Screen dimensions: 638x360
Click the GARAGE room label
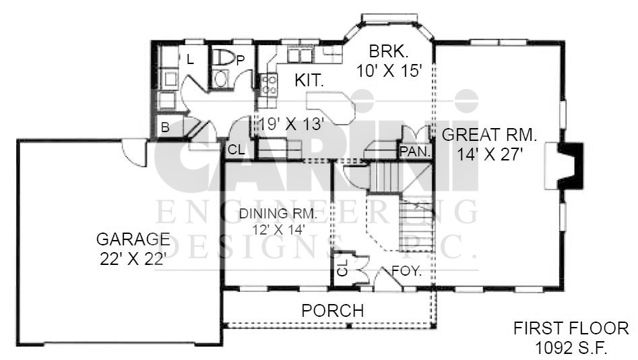click(133, 239)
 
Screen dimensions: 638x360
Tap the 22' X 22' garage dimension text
click(132, 259)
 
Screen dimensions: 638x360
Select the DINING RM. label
click(278, 214)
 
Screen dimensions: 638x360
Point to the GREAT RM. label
click(490, 134)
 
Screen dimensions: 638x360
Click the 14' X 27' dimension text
click(490, 154)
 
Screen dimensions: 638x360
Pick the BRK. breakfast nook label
click(389, 51)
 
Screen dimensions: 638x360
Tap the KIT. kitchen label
click(309, 80)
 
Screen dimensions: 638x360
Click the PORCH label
click(333, 311)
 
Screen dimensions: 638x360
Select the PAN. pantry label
click(415, 152)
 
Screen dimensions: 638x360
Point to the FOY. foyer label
click(406, 271)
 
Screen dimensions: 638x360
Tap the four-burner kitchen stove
click(269, 84)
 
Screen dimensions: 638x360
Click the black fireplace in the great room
click(571, 165)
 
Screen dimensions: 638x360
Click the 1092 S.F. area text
click(571, 348)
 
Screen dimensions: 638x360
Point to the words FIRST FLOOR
click(571, 328)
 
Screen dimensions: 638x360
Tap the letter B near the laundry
click(165, 127)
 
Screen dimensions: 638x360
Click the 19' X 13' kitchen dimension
click(291, 124)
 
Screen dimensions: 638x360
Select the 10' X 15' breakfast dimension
click(389, 71)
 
